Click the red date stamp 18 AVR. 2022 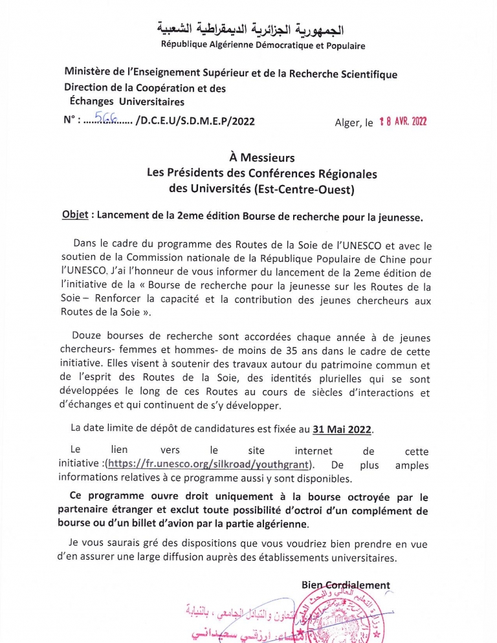(x=403, y=121)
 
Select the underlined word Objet (x=74, y=217)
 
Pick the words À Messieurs (x=261, y=158)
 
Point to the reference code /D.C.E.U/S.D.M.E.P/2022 (x=195, y=121)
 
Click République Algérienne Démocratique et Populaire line (x=263, y=46)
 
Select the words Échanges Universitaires (x=127, y=102)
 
